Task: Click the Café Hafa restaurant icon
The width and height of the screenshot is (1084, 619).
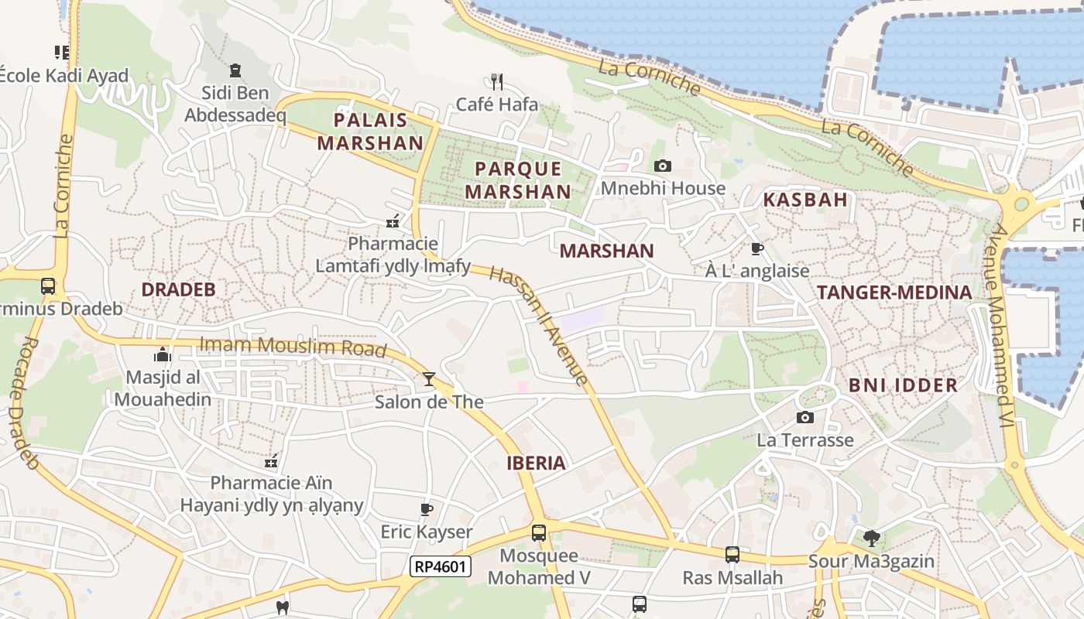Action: [497, 81]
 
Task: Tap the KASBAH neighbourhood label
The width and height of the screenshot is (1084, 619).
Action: [805, 200]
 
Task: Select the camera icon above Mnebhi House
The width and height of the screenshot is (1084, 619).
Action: [663, 166]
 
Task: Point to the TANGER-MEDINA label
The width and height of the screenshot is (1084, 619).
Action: [894, 292]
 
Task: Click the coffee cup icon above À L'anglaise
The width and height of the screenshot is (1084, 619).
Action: [756, 248]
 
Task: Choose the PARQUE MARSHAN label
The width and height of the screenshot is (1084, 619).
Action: [518, 180]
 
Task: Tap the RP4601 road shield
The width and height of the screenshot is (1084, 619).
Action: [440, 566]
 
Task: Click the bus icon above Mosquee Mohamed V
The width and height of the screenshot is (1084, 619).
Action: [538, 532]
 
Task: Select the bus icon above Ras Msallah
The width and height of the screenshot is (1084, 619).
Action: [732, 554]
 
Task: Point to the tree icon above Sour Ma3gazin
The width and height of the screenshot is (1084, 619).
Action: [871, 538]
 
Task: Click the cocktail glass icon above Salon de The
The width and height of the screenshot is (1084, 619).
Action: [428, 379]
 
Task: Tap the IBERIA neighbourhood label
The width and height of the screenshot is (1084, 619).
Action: [536, 463]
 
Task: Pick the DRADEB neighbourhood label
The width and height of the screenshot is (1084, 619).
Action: [178, 290]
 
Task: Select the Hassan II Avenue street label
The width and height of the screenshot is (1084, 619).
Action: [539, 325]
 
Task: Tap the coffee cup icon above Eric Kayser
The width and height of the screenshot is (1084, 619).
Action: [426, 509]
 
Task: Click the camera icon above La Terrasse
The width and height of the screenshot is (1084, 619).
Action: [805, 418]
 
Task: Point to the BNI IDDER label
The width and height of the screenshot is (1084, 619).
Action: [903, 385]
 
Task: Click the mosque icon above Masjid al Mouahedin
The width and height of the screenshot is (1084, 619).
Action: [163, 355]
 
